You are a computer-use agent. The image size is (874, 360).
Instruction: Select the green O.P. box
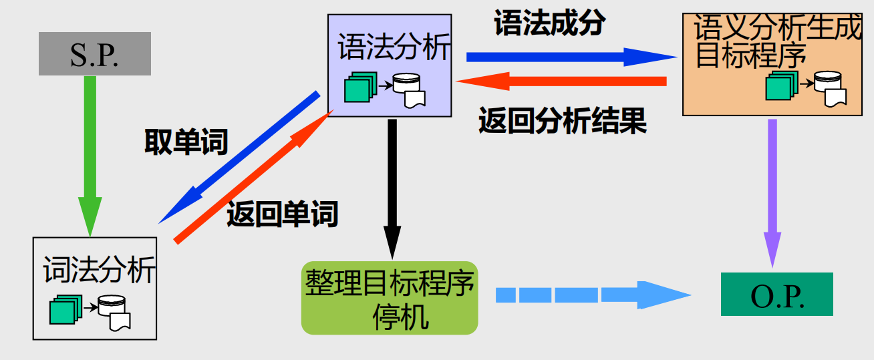pos(776,294)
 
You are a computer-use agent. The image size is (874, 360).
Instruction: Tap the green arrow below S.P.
pos(90,154)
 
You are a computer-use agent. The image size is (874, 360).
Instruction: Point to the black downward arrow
pos(392,187)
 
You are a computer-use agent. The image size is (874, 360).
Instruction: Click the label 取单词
pos(186,142)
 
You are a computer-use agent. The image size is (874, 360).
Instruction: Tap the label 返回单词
pos(282,214)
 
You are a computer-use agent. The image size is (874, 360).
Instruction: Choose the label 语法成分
pos(549,24)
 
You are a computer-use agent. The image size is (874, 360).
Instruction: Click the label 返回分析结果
pos(563,122)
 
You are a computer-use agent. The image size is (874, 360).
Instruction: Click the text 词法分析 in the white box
pos(99,269)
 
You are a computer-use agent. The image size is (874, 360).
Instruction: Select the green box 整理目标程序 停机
pos(390,298)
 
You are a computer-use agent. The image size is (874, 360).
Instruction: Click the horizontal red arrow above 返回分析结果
pos(561,81)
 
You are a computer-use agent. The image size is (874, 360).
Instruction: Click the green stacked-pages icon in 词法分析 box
pos(65,309)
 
